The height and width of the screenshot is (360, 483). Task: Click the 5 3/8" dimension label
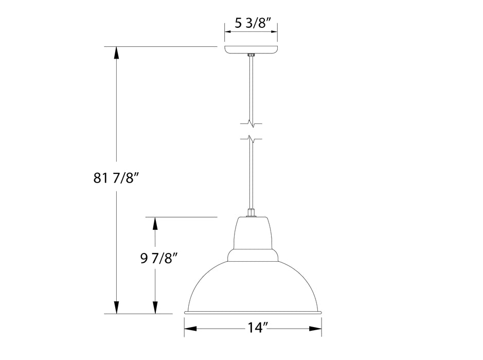[251, 23]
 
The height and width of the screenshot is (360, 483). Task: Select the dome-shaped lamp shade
[253, 285]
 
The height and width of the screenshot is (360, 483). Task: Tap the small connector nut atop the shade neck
[252, 212]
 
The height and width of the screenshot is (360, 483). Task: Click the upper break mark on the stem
[252, 123]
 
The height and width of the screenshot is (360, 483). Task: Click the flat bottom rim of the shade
[253, 312]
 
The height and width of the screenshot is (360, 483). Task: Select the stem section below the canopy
[251, 87]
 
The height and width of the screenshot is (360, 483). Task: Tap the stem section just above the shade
[252, 175]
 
